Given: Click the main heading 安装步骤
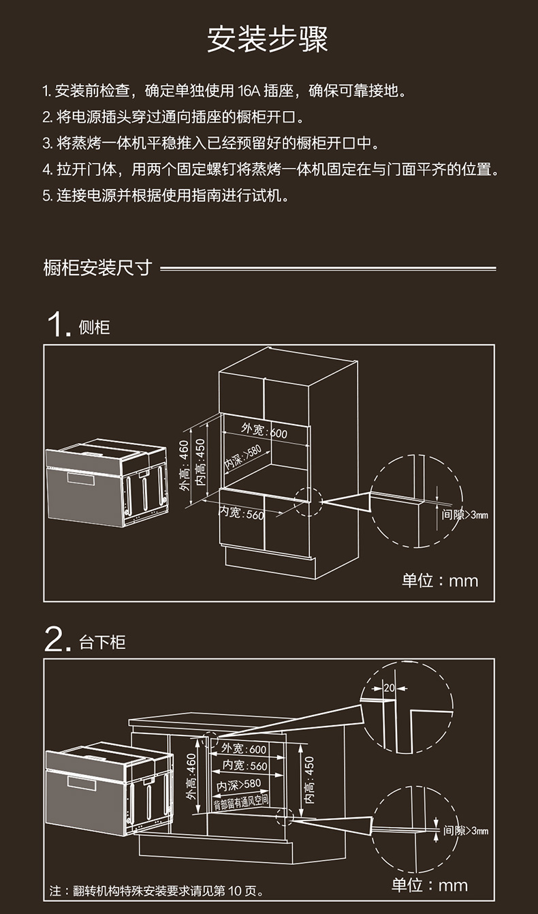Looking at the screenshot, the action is pos(268,40).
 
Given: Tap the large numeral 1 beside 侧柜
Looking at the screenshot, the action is pos(59,324).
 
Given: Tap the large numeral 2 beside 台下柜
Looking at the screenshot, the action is pos(59,640).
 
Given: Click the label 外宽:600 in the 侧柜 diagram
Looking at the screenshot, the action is pos(264,431).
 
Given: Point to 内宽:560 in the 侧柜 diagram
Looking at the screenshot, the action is pos(242,513).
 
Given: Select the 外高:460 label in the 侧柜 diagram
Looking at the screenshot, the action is pos(184,465).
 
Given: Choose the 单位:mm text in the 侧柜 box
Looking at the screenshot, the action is pos(440,581).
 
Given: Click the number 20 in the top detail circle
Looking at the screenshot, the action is pos(389,688).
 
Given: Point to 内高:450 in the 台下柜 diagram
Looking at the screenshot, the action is pos(309,779).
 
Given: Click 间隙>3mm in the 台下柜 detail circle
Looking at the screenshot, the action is pos(466,830).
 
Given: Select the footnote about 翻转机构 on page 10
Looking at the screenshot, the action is pos(157,891).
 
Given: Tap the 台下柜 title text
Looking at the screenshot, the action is pos(103,642).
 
